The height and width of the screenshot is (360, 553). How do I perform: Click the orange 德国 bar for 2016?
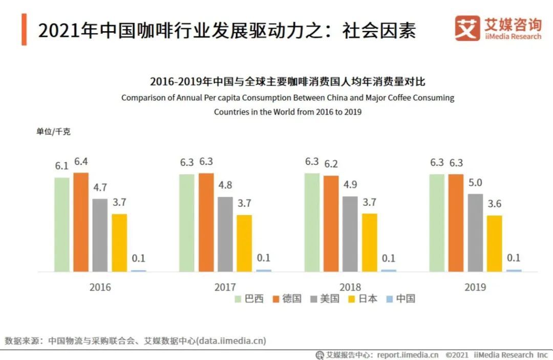click(81, 222)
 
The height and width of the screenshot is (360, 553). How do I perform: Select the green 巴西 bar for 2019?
click(437, 223)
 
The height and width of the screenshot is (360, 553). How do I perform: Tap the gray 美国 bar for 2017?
click(225, 234)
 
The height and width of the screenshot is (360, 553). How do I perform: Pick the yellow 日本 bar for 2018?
click(369, 242)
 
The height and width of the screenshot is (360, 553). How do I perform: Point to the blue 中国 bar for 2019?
click(514, 270)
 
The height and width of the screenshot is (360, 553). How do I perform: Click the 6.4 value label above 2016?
click(81, 162)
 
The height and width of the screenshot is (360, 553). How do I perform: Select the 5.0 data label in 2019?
click(475, 183)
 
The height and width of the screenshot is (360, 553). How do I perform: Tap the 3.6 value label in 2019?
click(494, 204)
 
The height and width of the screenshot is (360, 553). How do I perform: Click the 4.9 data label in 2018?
click(350, 185)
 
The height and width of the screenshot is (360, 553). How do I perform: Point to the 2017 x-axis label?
click(225, 287)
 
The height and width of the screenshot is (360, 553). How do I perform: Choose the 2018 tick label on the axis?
click(350, 287)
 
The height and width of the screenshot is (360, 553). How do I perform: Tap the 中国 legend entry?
click(400, 299)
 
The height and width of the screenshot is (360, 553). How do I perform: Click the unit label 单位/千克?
click(53, 132)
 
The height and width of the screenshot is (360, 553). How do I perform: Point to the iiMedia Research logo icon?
click(467, 28)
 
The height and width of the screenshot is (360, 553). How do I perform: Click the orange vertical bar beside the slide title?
click(24, 30)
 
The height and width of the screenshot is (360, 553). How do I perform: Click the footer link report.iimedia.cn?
click(408, 355)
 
